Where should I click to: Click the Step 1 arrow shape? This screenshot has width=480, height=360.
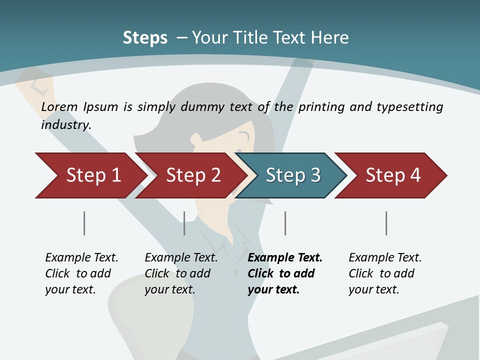click(x=90, y=175)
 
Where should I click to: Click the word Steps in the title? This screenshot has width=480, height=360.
click(x=145, y=38)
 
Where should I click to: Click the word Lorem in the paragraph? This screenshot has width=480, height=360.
click(x=59, y=106)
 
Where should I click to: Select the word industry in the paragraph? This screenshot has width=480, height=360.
click(x=65, y=124)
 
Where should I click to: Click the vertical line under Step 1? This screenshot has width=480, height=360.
click(x=84, y=223)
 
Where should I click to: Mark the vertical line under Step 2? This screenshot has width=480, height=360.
click(x=184, y=223)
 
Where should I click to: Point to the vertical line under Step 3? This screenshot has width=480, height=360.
click(x=285, y=223)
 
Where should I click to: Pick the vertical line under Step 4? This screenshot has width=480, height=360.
click(x=386, y=223)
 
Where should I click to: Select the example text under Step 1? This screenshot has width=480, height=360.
click(x=81, y=273)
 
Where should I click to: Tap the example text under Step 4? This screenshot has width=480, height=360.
click(x=384, y=273)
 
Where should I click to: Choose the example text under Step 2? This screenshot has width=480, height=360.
click(x=181, y=273)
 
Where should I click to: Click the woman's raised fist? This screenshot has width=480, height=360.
click(x=35, y=82)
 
